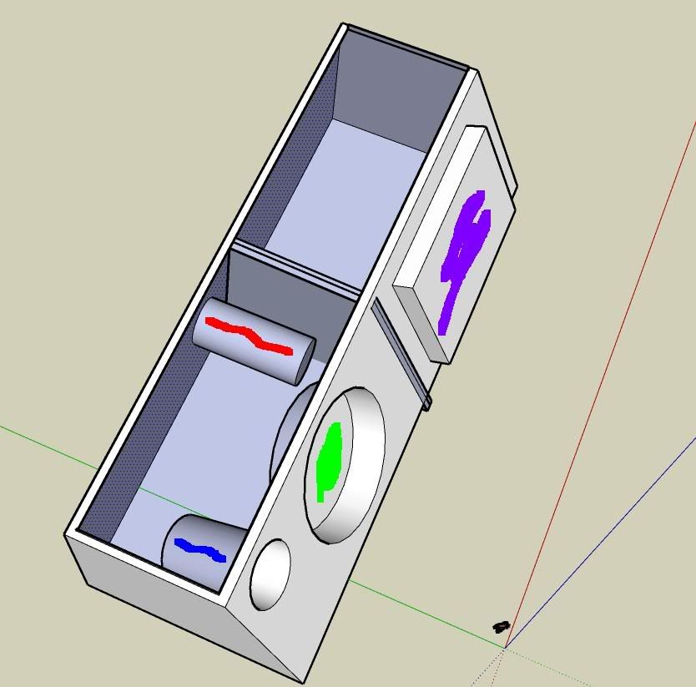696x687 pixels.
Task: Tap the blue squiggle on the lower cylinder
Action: (x=200, y=550)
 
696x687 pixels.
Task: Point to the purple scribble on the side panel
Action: (x=463, y=255)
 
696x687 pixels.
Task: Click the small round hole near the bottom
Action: (x=270, y=574)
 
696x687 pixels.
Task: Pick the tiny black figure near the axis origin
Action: (x=501, y=626)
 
